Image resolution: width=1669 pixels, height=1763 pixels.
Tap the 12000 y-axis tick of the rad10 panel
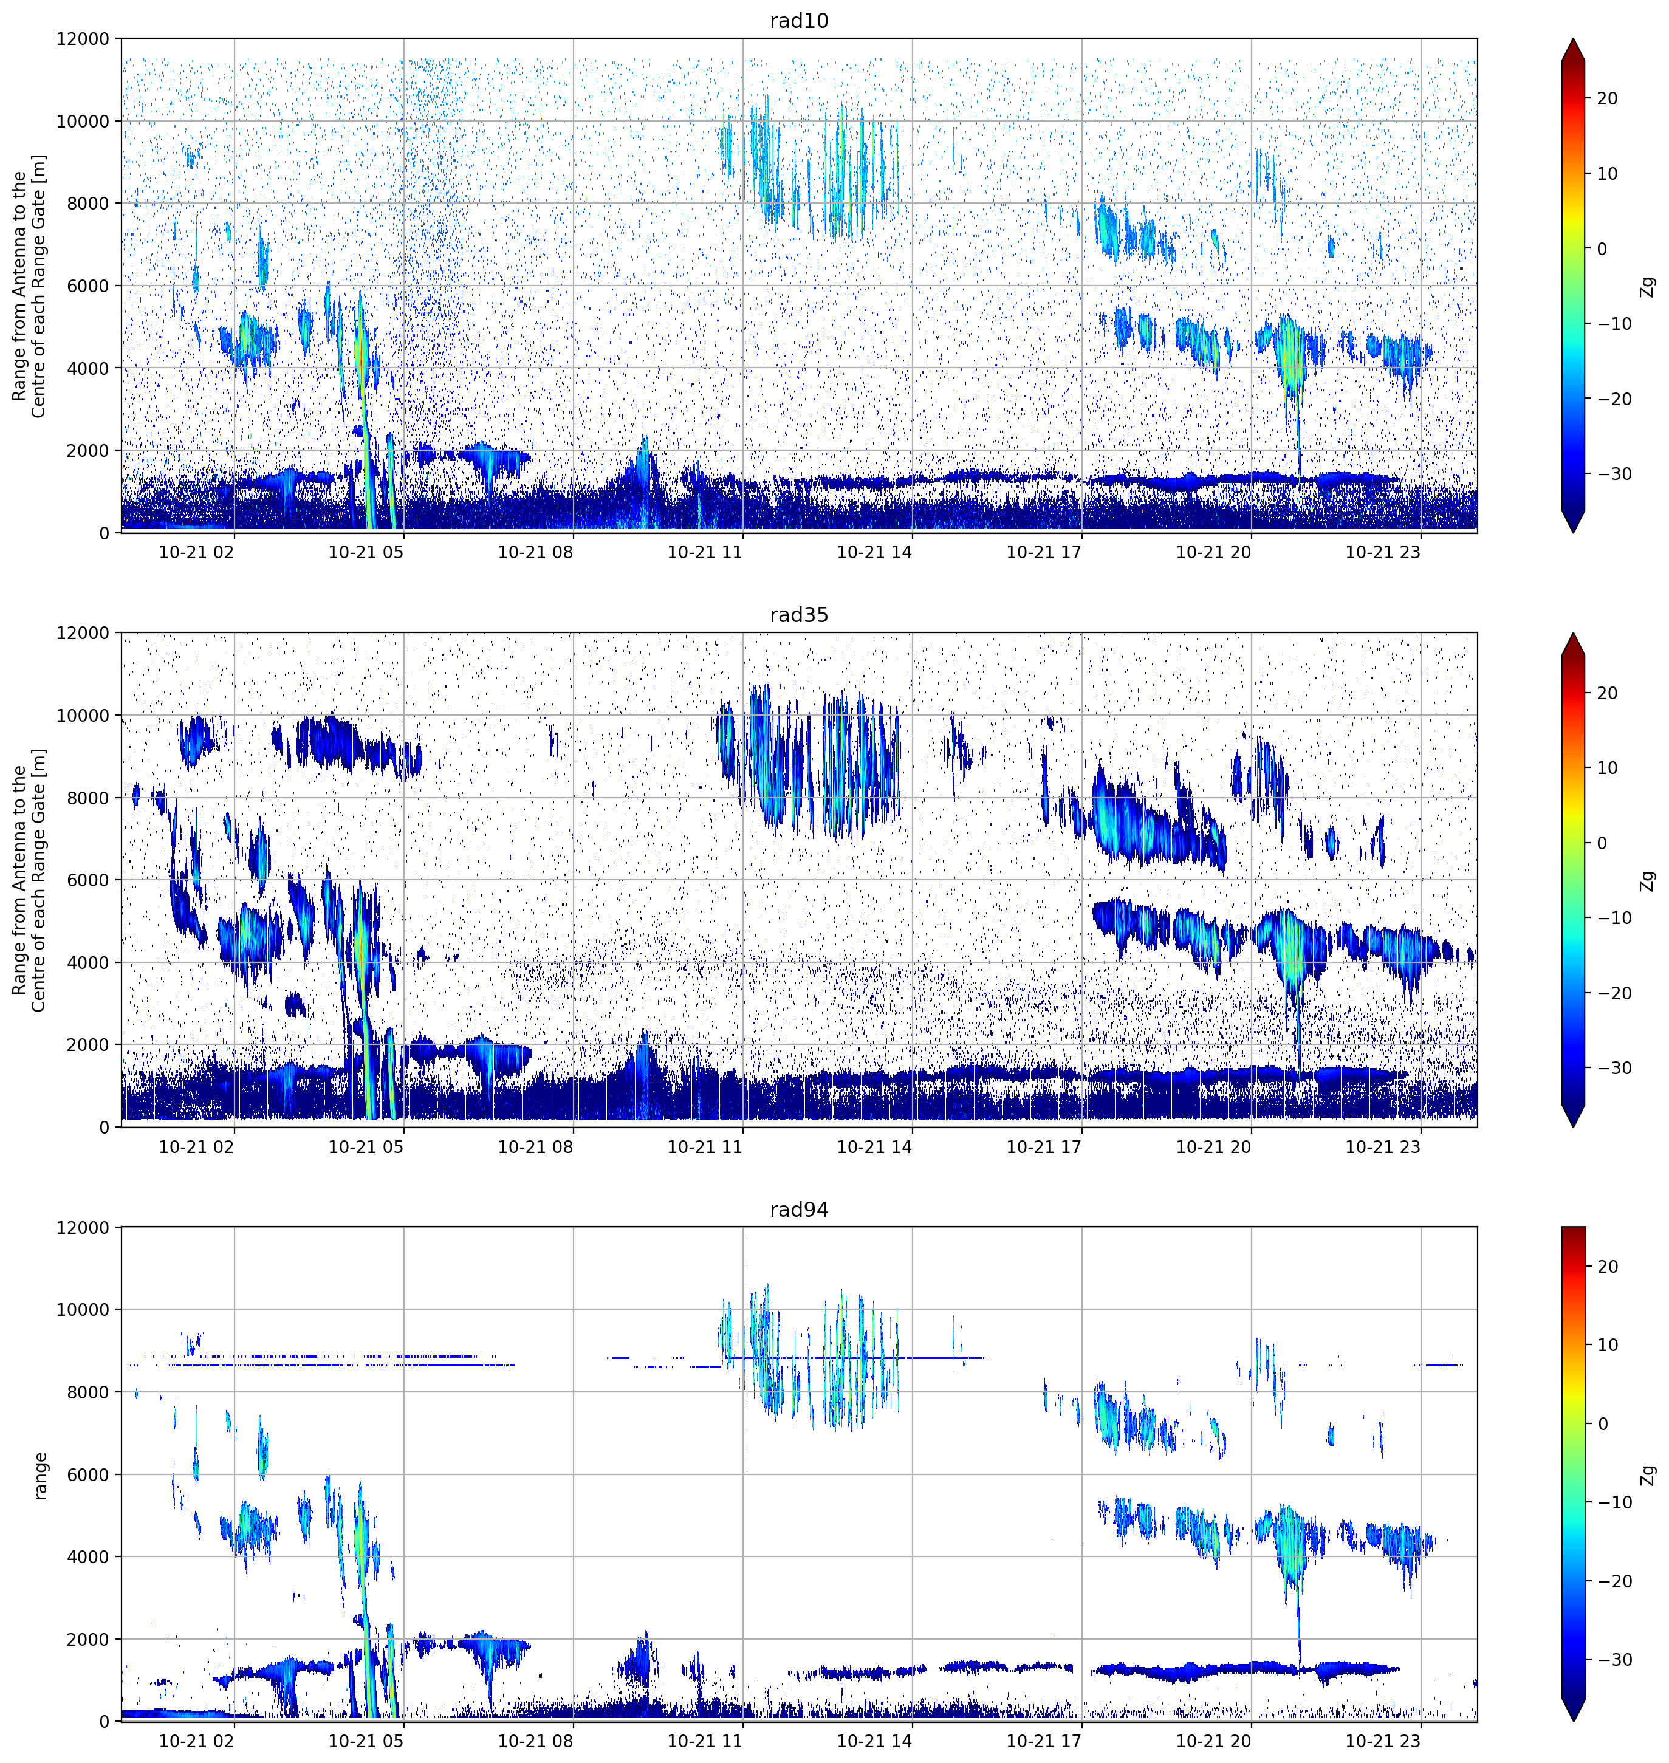(83, 39)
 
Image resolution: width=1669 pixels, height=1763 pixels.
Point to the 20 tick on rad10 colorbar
(1606, 99)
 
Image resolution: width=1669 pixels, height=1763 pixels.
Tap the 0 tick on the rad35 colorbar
(1602, 843)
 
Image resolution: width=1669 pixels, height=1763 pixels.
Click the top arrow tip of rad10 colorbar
(1573, 39)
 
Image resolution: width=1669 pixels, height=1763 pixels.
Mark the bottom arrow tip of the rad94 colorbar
(1573, 1721)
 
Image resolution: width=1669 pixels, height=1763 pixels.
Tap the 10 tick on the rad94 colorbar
(1606, 1345)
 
